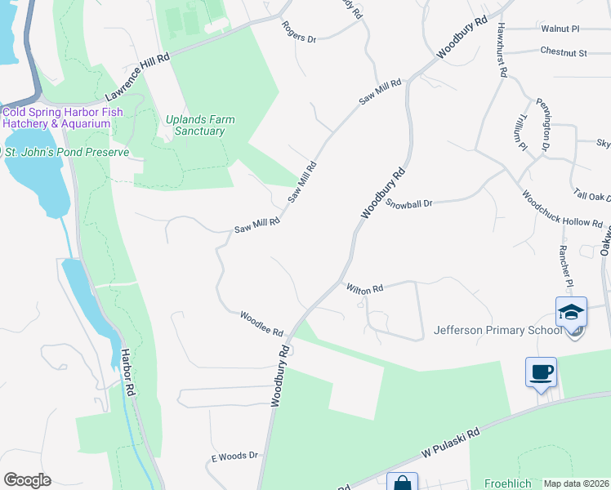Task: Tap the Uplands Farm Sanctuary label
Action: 200,125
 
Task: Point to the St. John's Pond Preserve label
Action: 67,152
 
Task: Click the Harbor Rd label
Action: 127,373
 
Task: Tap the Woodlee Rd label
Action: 261,324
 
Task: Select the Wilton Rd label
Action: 364,289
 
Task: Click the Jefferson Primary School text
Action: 498,330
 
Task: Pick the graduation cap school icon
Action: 571,312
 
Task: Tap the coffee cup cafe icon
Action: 541,372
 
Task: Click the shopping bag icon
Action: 402,483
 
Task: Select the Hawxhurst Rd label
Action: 502,49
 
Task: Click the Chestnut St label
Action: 564,52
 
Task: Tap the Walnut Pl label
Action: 560,29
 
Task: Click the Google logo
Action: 27,480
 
